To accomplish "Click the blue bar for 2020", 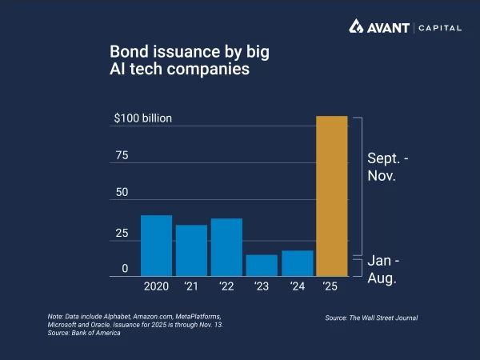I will point(156,246).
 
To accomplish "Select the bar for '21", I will point(191,250).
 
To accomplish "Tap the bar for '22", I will point(226,247).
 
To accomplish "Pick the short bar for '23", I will point(262,266).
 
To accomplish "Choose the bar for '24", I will point(297,263).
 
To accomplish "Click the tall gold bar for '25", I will point(332,196).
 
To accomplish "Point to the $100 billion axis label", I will point(143,118).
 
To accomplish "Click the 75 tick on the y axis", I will point(122,155).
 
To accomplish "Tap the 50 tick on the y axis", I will point(122,193).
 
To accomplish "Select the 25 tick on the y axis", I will point(122,233).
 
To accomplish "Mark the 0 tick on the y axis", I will point(125,269).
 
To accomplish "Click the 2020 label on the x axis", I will point(156,286).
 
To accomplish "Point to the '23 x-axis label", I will point(262,286).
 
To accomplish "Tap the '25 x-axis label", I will point(332,286).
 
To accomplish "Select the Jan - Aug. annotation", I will point(383,270).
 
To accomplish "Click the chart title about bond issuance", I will point(190,61).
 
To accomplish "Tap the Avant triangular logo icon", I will point(357,27).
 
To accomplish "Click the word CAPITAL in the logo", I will point(439,28).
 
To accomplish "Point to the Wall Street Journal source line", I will point(371,318).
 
